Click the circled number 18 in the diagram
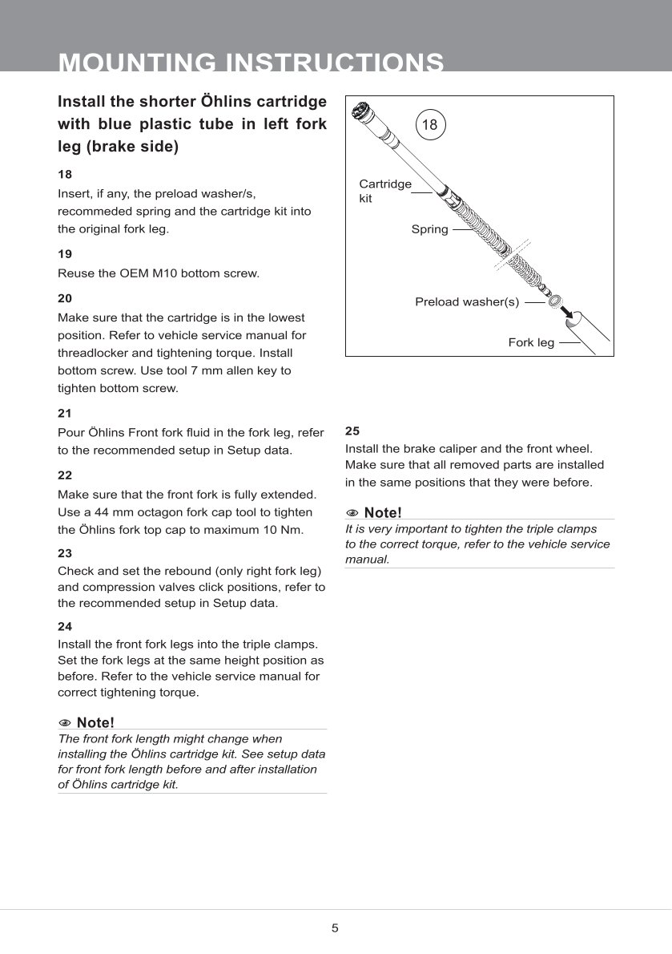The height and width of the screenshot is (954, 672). [429, 124]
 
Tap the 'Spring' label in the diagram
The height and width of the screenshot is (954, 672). [429, 230]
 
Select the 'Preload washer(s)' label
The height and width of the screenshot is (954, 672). [467, 302]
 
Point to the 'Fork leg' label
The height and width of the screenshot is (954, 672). [531, 343]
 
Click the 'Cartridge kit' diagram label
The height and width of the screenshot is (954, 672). [384, 191]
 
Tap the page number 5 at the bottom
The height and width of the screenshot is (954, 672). [335, 928]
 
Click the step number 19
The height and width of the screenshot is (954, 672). [65, 254]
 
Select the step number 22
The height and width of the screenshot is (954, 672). [65, 475]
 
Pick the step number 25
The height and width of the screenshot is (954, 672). [352, 430]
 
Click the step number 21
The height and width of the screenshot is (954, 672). [65, 414]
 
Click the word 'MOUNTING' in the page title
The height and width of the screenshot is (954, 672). [137, 63]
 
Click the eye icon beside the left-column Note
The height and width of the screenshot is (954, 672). [65, 723]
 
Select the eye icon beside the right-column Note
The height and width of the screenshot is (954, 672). [352, 513]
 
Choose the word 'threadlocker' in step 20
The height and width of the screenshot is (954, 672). [91, 354]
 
